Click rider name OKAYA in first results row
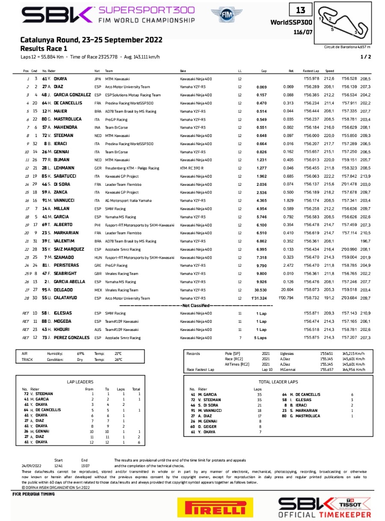60,79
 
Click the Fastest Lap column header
309,71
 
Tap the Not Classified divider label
196,306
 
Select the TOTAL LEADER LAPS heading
278,381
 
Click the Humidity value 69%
80,354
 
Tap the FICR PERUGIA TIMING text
34,494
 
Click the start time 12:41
59,465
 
